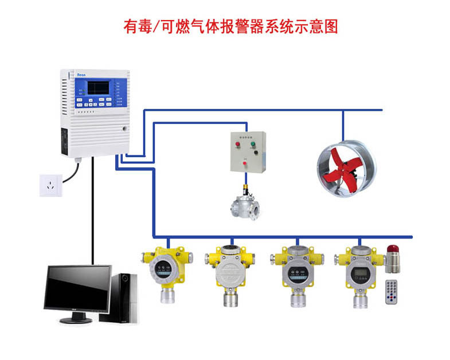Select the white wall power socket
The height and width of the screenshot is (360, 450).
50,185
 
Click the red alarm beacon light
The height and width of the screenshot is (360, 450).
394,248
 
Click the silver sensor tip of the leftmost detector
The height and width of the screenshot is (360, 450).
167,296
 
